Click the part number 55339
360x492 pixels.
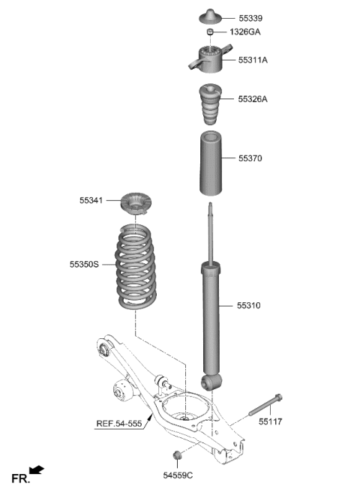click(x=251, y=17)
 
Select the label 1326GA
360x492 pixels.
click(x=245, y=32)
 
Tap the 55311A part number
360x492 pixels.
click(x=253, y=59)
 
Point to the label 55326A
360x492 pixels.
click(x=253, y=98)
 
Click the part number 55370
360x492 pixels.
click(x=250, y=159)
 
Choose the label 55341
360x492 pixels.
click(x=91, y=200)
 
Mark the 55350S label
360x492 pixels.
click(x=84, y=265)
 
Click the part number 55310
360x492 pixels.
click(x=250, y=306)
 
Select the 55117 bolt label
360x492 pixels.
click(x=271, y=422)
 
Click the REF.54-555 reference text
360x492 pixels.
click(x=120, y=424)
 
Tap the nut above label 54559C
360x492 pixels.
click(x=178, y=454)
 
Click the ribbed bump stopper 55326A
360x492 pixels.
click(x=208, y=106)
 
